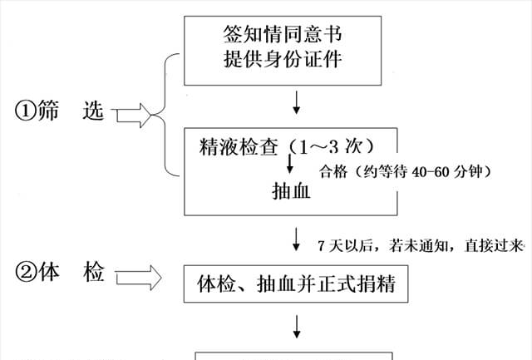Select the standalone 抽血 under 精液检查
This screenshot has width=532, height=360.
[291, 190]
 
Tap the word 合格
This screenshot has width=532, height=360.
[332, 172]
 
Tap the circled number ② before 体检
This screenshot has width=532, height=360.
[24, 274]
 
